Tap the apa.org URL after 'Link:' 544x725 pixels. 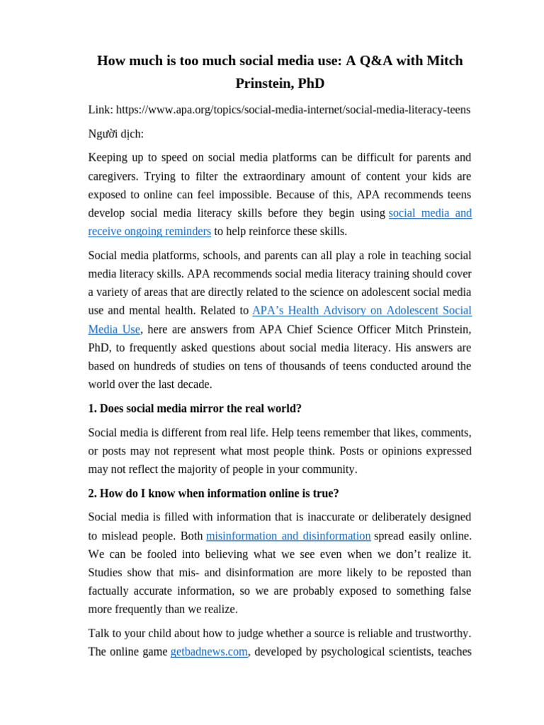[293, 110]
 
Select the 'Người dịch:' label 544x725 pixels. [115, 134]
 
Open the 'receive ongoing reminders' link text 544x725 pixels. [149, 232]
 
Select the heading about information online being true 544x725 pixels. [213, 493]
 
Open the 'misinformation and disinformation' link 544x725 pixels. [288, 536]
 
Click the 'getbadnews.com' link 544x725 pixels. [209, 652]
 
